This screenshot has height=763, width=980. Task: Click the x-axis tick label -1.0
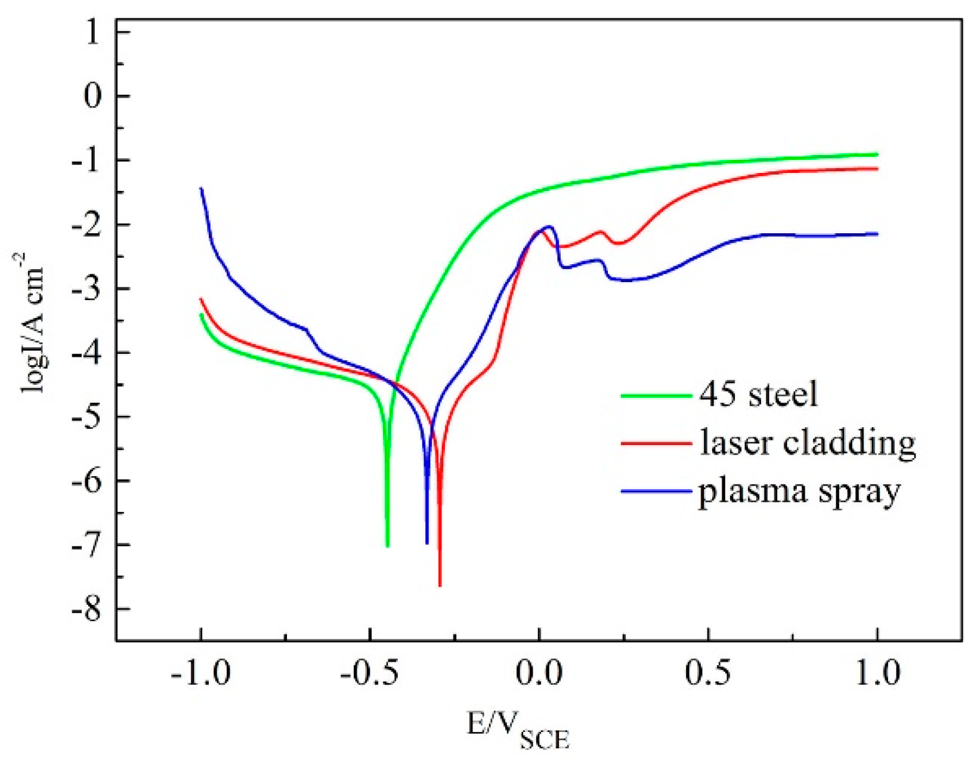point(200,673)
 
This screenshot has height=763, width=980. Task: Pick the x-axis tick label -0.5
point(369,673)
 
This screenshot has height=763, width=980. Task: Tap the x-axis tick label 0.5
point(707,673)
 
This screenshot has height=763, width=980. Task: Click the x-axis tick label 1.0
point(876,673)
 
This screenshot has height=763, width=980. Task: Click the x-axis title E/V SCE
point(518,730)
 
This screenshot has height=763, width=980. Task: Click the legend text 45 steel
point(758,395)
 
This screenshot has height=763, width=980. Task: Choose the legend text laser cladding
point(808,443)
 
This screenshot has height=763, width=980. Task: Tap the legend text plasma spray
point(799,492)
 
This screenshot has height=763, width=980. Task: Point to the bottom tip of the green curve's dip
point(388,545)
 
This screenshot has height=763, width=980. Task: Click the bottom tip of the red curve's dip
point(440,585)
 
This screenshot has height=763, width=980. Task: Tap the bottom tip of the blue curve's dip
point(427,542)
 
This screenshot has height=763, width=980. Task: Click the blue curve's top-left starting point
point(201,189)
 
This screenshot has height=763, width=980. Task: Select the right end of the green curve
point(877,155)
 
